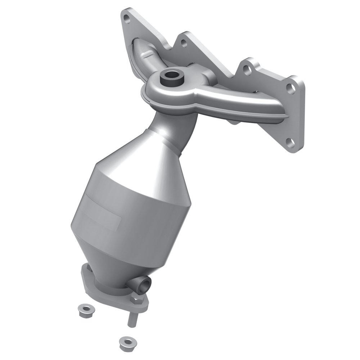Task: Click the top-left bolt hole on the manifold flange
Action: click(126, 17)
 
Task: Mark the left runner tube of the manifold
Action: click(144, 54)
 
